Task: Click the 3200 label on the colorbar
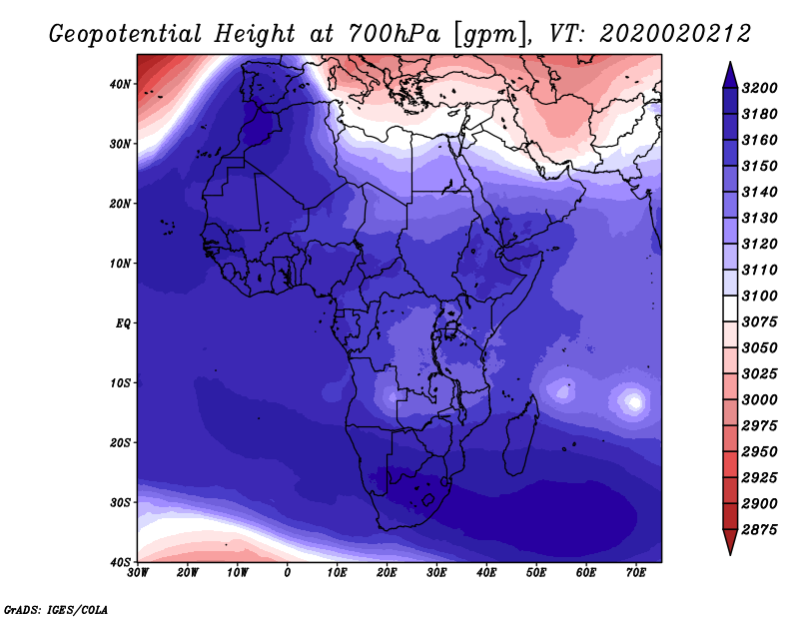coord(759,88)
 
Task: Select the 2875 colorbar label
coord(759,530)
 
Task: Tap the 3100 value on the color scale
coord(759,296)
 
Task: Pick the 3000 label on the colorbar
coord(759,400)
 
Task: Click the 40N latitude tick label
coord(120,84)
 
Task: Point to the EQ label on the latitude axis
coord(123,323)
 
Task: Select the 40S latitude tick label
coord(120,562)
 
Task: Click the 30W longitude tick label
coord(138,573)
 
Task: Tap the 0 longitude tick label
coord(287,573)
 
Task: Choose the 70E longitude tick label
coord(635,573)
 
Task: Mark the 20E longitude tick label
coord(387,573)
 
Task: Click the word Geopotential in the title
coord(126,34)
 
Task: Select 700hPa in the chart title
coord(395,34)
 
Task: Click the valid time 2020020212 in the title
coord(675,34)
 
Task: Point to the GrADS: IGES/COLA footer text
coord(56,610)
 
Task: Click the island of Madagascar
coord(520,438)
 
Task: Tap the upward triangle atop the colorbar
coord(730,75)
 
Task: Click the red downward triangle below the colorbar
coord(730,542)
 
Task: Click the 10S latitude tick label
coord(120,383)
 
